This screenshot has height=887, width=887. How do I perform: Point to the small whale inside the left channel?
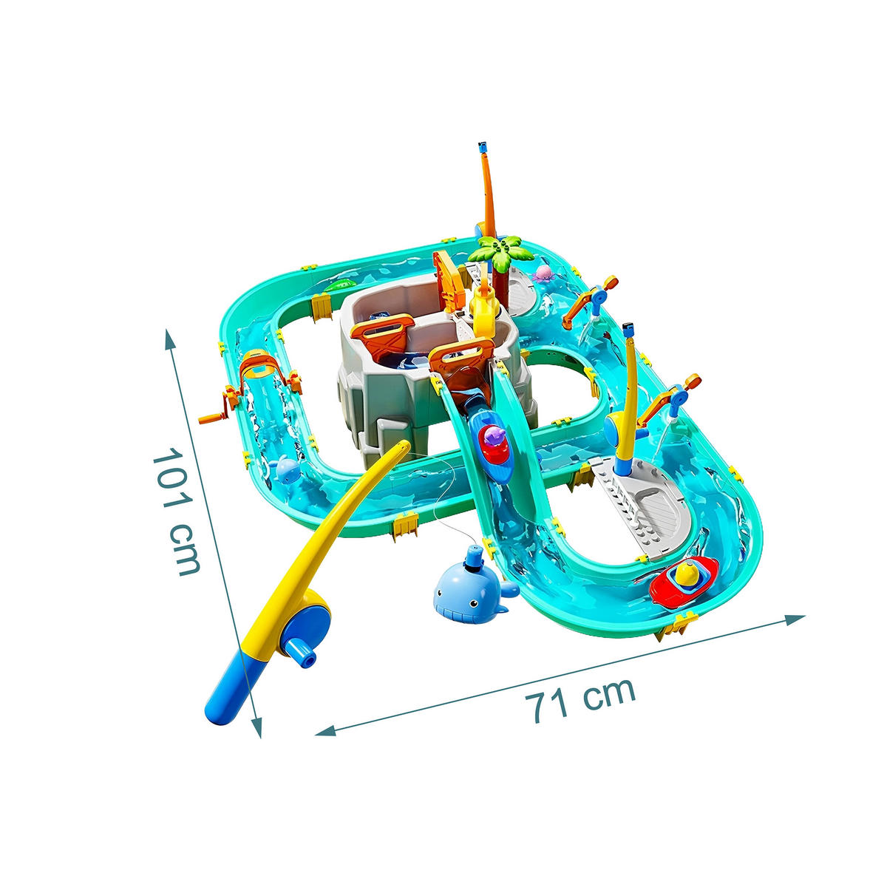pyautogui.click(x=286, y=469)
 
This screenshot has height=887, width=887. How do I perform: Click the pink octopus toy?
pyautogui.click(x=543, y=274)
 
